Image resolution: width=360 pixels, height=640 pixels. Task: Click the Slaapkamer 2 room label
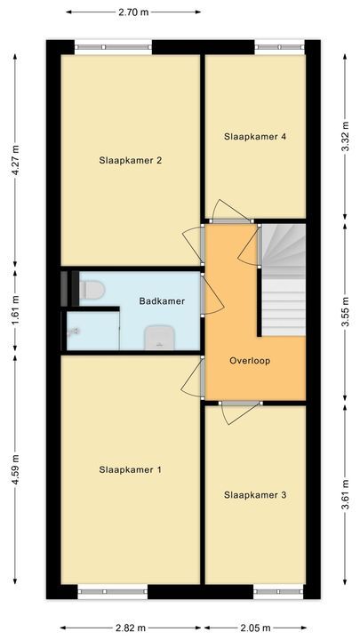[130, 161]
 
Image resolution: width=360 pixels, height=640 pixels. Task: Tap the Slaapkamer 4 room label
[255, 137]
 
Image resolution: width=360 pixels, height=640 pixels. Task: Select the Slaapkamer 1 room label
[130, 469]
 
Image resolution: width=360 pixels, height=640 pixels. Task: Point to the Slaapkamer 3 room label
[255, 495]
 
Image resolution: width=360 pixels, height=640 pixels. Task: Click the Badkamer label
[162, 301]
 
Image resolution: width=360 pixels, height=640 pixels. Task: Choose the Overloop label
[249, 361]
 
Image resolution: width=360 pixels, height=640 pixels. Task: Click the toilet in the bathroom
[91, 289]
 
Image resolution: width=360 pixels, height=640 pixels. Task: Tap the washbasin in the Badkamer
[158, 335]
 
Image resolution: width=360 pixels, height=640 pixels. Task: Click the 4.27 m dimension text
[15, 162]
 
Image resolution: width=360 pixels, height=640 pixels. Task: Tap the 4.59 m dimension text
[15, 468]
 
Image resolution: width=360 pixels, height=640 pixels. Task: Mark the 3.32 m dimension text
[345, 137]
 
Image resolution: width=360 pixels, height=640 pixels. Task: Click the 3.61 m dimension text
[345, 495]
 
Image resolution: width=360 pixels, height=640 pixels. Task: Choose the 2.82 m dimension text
[130, 627]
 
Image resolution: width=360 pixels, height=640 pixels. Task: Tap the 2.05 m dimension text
[255, 627]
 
